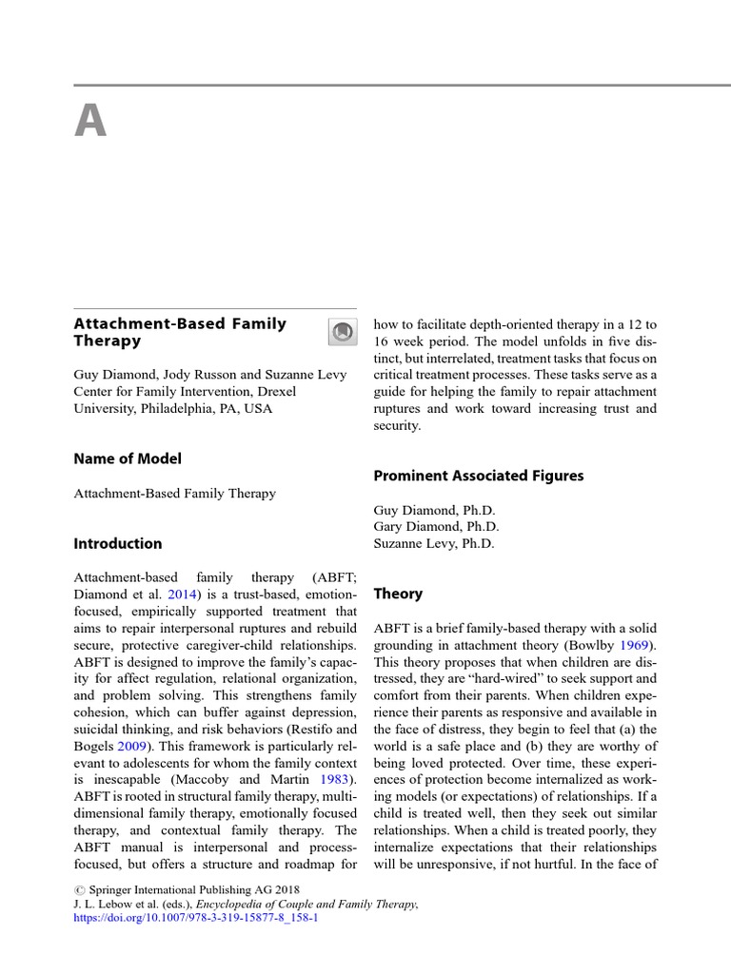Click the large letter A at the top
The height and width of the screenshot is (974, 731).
click(90, 122)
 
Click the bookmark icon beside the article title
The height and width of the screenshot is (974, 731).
click(342, 331)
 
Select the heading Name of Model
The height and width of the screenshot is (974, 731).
click(128, 458)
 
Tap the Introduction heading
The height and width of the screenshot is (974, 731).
click(118, 544)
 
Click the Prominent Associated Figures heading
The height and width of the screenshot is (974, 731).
click(478, 476)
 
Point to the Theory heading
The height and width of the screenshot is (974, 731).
click(398, 594)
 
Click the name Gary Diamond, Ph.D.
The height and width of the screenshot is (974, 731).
click(435, 527)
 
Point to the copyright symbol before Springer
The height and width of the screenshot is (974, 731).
click(79, 889)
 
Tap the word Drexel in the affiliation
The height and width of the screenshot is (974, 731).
click(275, 392)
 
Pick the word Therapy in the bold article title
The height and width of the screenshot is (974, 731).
click(108, 341)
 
